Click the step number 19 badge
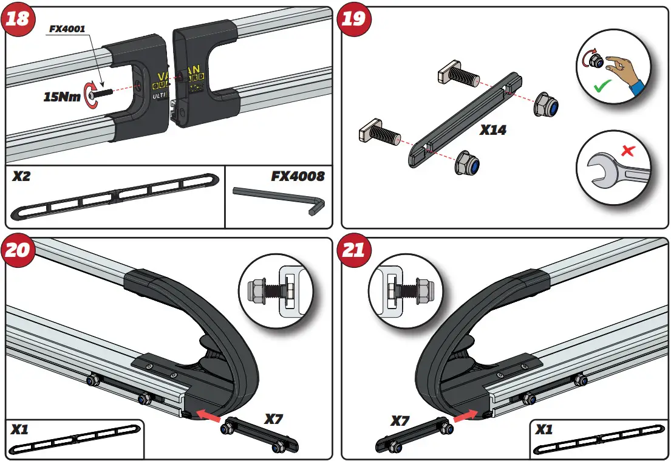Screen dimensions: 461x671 point(354,18)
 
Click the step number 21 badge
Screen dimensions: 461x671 point(354,249)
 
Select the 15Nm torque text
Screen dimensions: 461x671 point(62,96)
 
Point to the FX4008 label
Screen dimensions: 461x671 point(298,177)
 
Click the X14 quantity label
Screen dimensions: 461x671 point(492,129)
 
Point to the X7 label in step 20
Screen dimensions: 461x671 point(274,419)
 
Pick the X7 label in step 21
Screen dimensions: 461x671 point(401,420)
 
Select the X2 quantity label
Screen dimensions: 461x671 point(23,177)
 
